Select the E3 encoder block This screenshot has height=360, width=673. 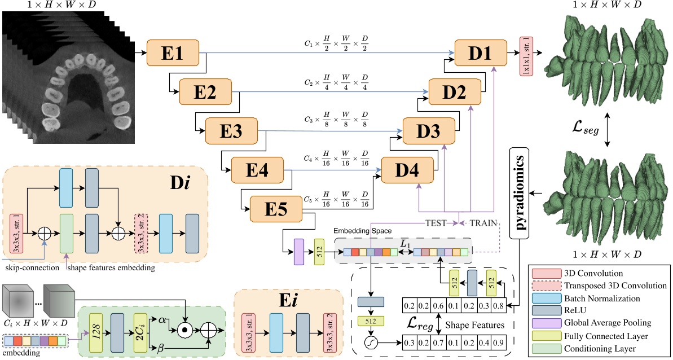(x=231, y=131)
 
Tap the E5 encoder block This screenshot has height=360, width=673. (x=276, y=209)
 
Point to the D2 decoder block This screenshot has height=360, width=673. (x=454, y=92)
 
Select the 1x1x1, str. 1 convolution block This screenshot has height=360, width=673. (x=526, y=57)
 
